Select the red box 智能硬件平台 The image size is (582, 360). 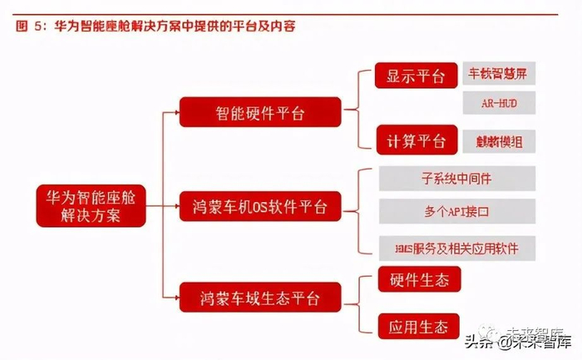[x=259, y=111]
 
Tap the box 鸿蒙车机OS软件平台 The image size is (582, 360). [x=259, y=205]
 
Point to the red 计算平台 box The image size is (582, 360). [x=416, y=140]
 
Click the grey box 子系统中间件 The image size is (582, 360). [x=456, y=178]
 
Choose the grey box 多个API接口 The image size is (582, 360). [x=456, y=212]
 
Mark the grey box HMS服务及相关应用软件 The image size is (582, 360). [x=456, y=247]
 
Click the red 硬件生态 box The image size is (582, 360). [x=416, y=279]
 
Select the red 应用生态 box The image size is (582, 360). [x=416, y=325]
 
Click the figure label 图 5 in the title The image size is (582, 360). [x=31, y=27]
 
